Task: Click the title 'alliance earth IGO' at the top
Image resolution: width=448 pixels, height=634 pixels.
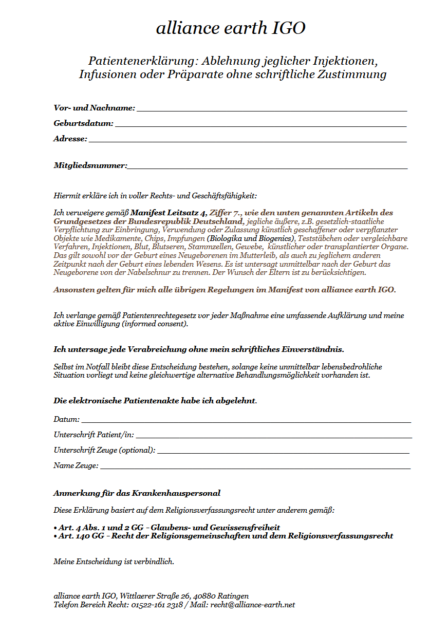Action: click(x=231, y=28)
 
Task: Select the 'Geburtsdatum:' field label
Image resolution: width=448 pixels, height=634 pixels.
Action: click(x=83, y=124)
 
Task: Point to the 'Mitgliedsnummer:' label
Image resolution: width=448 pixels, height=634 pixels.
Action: click(x=90, y=165)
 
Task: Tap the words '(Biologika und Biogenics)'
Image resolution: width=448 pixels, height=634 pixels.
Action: click(x=251, y=238)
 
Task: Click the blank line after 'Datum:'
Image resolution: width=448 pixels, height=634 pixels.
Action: click(x=246, y=421)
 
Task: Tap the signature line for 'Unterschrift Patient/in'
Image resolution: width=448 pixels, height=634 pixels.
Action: click(x=273, y=436)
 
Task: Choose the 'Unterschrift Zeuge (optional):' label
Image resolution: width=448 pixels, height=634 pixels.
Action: click(x=104, y=450)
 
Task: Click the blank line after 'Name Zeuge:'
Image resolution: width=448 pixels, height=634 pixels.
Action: click(x=255, y=467)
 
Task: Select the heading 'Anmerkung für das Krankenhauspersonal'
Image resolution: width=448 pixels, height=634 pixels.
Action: click(x=137, y=493)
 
